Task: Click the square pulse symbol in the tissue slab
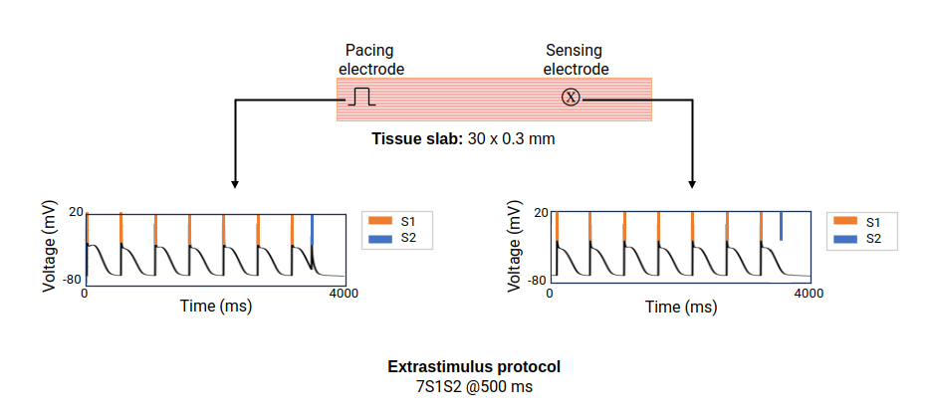(x=361, y=97)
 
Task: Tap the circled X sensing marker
(x=571, y=98)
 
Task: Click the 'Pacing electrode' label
(x=371, y=60)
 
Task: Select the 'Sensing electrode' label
(x=576, y=60)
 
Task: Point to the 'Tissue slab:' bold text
(x=417, y=140)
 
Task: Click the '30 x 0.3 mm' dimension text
(x=511, y=140)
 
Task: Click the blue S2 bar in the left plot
(x=312, y=230)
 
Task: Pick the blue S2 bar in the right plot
(x=781, y=226)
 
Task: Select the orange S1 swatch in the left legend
(x=380, y=221)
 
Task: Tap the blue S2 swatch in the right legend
(x=845, y=239)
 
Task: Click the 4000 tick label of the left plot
(x=344, y=294)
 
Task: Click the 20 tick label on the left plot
(x=77, y=212)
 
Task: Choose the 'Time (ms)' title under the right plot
(x=681, y=307)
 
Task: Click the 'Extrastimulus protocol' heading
(x=474, y=367)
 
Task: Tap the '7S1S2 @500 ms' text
(x=474, y=387)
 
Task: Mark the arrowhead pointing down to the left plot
(x=235, y=184)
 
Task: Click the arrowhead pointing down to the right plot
(x=692, y=184)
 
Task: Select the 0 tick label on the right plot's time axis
(x=550, y=294)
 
